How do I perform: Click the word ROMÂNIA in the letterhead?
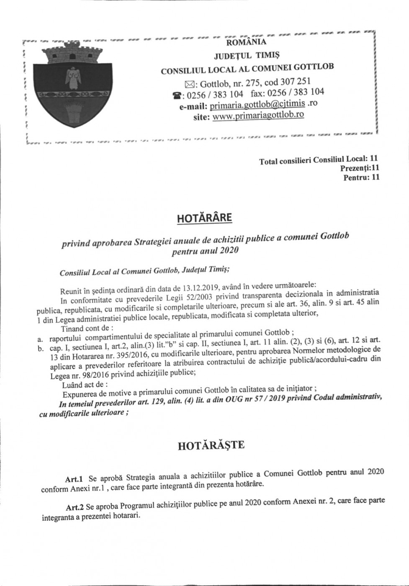(x=246, y=42)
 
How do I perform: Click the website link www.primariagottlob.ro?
(x=258, y=116)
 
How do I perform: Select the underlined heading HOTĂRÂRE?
(x=204, y=218)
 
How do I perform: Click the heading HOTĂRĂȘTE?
(x=211, y=445)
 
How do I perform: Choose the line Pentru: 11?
(x=361, y=177)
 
